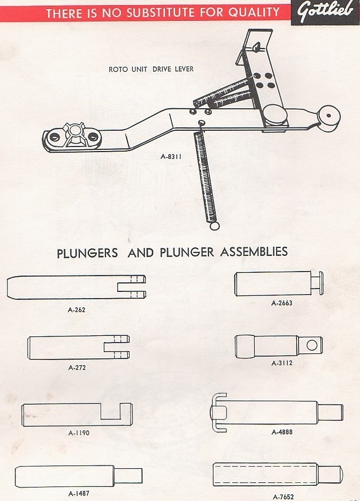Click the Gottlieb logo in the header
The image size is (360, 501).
click(x=325, y=12)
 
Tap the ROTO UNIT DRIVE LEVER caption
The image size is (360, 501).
click(x=151, y=69)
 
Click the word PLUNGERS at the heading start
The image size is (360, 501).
click(x=87, y=253)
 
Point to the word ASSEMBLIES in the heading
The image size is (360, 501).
click(x=253, y=252)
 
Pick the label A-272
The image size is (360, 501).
click(x=77, y=368)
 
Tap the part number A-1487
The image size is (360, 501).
click(x=78, y=494)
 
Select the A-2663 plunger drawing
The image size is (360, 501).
click(x=276, y=283)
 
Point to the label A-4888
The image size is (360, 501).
click(x=282, y=432)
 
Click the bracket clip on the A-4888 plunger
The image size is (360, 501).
click(x=219, y=412)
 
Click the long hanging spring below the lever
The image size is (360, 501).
click(x=205, y=178)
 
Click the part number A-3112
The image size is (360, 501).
click(x=282, y=363)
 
